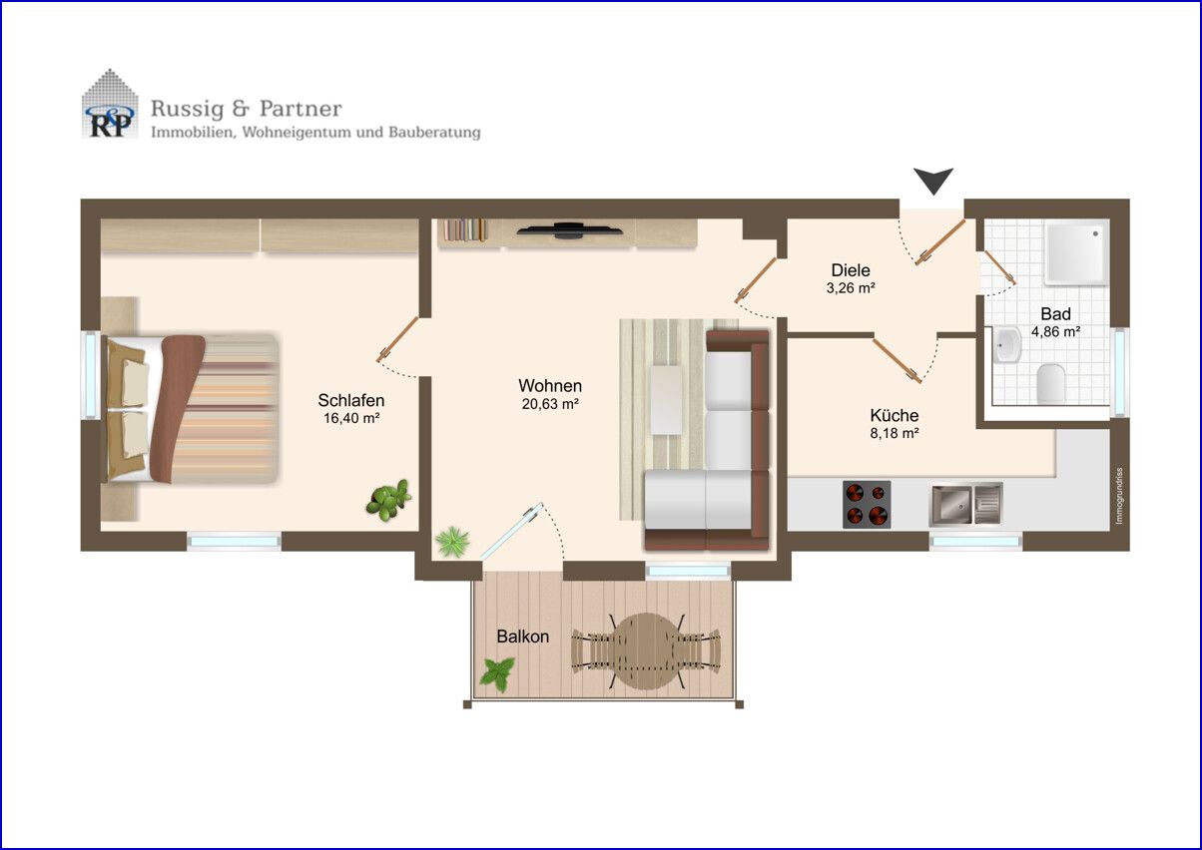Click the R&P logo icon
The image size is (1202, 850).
[110, 104]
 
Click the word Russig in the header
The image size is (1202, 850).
[188, 110]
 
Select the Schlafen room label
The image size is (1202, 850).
[351, 400]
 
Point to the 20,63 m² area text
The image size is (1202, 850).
[550, 404]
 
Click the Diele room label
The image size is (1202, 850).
[851, 269]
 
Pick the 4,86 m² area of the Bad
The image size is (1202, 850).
[1055, 332]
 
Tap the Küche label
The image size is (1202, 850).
[894, 415]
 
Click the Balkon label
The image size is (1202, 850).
[523, 637]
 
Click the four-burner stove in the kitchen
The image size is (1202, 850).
[867, 505]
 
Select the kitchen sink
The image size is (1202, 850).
[966, 504]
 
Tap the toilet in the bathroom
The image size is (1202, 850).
[1050, 384]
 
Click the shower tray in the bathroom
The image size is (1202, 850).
[1076, 253]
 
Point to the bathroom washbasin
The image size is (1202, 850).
[1007, 345]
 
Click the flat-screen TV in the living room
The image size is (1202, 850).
[569, 230]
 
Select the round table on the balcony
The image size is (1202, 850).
[647, 651]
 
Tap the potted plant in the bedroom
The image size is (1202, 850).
[389, 500]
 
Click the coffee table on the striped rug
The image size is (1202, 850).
[667, 399]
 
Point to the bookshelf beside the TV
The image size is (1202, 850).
[464, 229]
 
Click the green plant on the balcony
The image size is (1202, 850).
[496, 673]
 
